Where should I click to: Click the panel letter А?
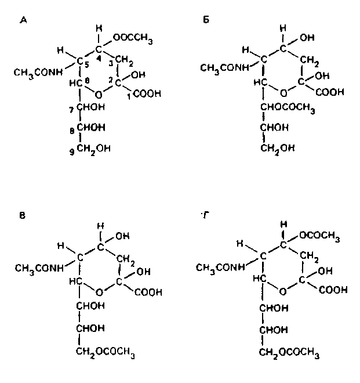23,20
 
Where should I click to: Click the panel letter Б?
207,20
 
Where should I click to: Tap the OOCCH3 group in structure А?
133,38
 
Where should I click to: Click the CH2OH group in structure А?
93,149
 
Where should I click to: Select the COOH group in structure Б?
330,92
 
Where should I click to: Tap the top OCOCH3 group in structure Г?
319,235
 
